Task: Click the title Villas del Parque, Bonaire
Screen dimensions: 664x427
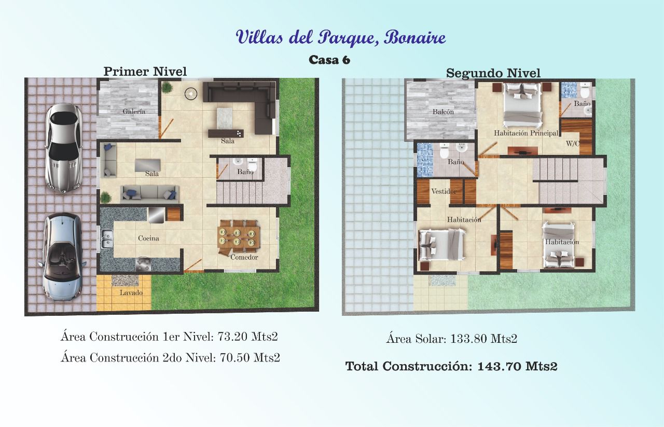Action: click(341, 38)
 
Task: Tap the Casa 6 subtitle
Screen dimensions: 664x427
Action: click(329, 60)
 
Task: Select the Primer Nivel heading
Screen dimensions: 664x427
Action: click(145, 72)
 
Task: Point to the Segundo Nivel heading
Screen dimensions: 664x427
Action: click(493, 73)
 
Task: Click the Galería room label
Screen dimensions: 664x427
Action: click(134, 111)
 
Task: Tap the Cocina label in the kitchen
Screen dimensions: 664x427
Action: click(148, 238)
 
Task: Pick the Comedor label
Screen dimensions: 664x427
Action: click(244, 257)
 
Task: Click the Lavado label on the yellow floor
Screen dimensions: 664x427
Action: click(131, 293)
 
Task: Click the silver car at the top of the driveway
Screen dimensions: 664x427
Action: click(63, 148)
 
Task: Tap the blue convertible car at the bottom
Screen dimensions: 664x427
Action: click(62, 257)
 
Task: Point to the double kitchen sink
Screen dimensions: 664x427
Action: click(106, 239)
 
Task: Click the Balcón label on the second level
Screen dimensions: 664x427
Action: click(443, 112)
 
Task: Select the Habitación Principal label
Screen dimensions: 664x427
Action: click(526, 133)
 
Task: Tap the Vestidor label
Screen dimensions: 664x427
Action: click(444, 192)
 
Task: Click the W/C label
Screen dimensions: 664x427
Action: click(572, 144)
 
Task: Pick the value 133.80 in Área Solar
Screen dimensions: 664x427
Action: click(468, 339)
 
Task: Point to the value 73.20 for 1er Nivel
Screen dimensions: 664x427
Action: click(233, 337)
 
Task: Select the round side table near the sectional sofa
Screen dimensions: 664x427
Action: click(191, 94)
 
